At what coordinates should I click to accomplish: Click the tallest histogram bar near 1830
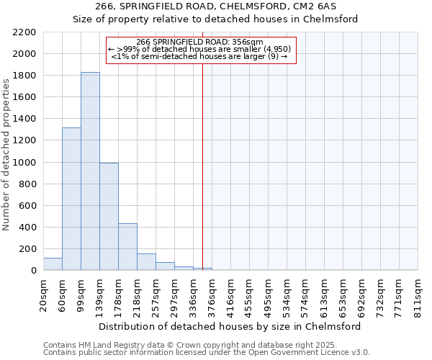(90, 171)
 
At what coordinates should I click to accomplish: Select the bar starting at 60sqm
(71, 199)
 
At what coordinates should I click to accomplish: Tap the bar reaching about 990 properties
(109, 216)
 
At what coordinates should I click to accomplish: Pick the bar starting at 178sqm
(127, 246)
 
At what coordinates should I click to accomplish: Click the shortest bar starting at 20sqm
(53, 264)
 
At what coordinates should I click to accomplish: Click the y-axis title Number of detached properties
(7, 151)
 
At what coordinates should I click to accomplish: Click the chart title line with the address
(216, 6)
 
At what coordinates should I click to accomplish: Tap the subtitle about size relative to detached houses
(216, 19)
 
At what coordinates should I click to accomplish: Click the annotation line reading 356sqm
(201, 42)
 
